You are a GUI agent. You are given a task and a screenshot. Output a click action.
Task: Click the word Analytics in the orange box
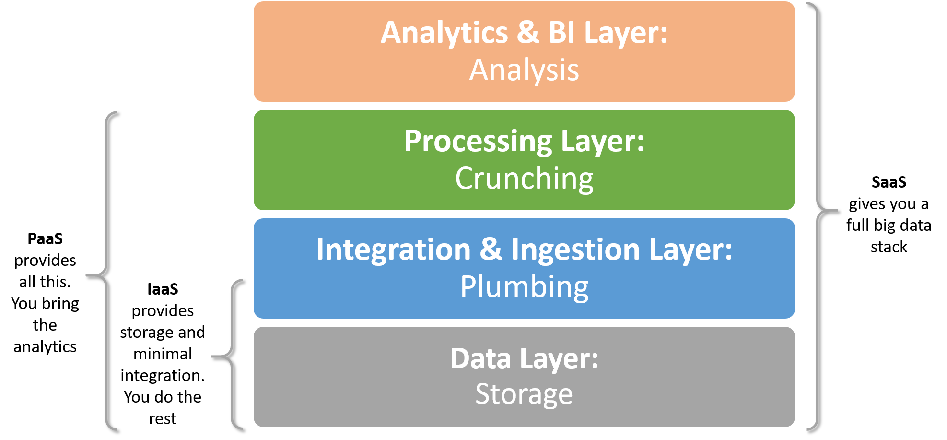tap(444, 34)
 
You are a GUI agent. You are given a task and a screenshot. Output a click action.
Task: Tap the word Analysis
tap(524, 71)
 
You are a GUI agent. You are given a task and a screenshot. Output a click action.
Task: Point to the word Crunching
tap(524, 179)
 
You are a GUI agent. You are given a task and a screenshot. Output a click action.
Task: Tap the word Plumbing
tap(524, 287)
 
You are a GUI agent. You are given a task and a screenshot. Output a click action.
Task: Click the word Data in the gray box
tap(480, 358)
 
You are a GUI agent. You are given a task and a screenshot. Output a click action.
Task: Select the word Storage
tap(524, 394)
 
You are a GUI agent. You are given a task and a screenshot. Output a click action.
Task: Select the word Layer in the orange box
tap(625, 34)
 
